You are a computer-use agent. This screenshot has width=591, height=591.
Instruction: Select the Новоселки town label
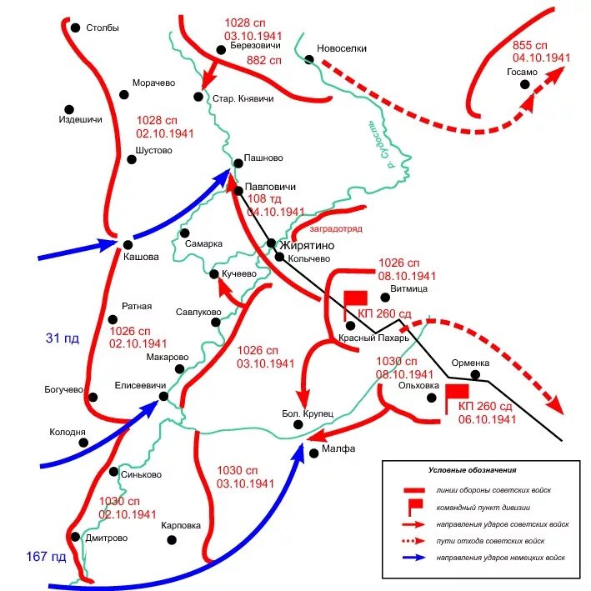pyautogui.click(x=342, y=48)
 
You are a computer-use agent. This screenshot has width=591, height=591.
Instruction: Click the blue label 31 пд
pyautogui.click(x=61, y=338)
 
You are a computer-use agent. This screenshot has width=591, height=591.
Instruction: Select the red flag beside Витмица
pyautogui.click(x=355, y=298)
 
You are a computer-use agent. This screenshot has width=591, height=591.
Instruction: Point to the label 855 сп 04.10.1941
pyautogui.click(x=541, y=51)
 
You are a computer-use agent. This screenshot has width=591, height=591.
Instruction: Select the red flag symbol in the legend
pyautogui.click(x=411, y=507)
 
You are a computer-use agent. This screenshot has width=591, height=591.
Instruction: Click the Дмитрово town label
pyautogui.click(x=107, y=538)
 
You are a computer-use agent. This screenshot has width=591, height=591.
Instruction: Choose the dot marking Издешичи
pyautogui.click(x=69, y=108)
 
